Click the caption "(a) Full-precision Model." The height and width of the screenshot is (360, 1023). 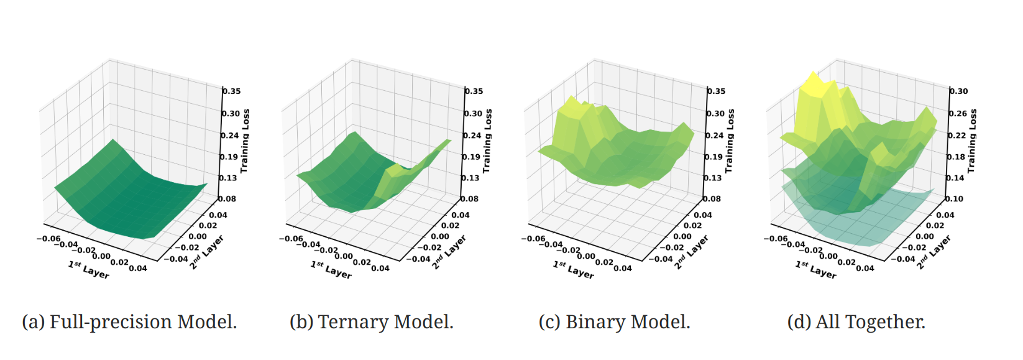[x=129, y=322]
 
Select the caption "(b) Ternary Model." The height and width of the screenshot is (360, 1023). [x=372, y=322]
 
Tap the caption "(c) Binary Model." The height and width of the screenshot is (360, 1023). [x=614, y=322]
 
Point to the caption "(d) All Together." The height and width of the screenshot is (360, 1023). [x=856, y=322]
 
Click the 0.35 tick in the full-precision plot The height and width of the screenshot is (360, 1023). [x=232, y=91]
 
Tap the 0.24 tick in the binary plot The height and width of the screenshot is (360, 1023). [x=715, y=136]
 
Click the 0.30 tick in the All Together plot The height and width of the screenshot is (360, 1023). [x=959, y=91]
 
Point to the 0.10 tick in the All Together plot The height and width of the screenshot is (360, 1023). [x=955, y=199]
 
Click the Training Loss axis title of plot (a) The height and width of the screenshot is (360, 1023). [x=245, y=141]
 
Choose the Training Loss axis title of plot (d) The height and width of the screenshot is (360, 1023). [x=972, y=141]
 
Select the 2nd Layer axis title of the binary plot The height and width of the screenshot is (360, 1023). [x=691, y=252]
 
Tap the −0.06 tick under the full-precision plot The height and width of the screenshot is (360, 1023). [x=48, y=239]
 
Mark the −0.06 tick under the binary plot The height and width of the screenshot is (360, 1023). [x=533, y=239]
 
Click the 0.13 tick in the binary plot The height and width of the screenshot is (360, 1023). [x=713, y=178]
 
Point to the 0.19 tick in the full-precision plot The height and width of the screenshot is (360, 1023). [x=229, y=157]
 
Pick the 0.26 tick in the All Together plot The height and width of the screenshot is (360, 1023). [x=958, y=114]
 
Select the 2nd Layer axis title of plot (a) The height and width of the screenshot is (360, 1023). [x=206, y=252]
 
